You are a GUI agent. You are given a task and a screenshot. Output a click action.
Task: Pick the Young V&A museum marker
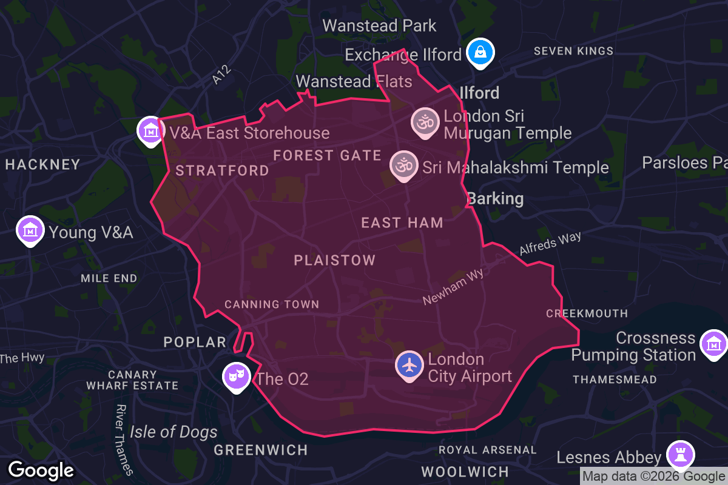30,230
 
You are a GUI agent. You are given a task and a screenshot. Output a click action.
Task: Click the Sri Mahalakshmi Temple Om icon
403,164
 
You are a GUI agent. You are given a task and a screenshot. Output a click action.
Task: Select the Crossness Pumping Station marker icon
713,344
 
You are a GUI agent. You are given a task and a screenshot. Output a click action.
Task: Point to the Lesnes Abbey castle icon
679,454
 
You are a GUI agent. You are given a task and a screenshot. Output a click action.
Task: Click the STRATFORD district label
222,170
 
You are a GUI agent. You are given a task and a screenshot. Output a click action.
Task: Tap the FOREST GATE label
327,155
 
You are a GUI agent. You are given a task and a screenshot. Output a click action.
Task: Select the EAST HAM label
402,222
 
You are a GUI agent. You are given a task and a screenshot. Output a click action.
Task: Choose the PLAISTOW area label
335,260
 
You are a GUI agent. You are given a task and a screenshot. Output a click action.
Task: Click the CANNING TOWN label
272,304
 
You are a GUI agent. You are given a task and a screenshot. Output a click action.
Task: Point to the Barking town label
495,198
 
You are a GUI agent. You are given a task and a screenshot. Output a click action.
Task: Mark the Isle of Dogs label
174,432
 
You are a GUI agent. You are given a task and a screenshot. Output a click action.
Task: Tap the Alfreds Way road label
550,244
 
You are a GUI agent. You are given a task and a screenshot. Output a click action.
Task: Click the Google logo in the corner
41,470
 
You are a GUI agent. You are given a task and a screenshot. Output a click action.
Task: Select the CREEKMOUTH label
587,313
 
